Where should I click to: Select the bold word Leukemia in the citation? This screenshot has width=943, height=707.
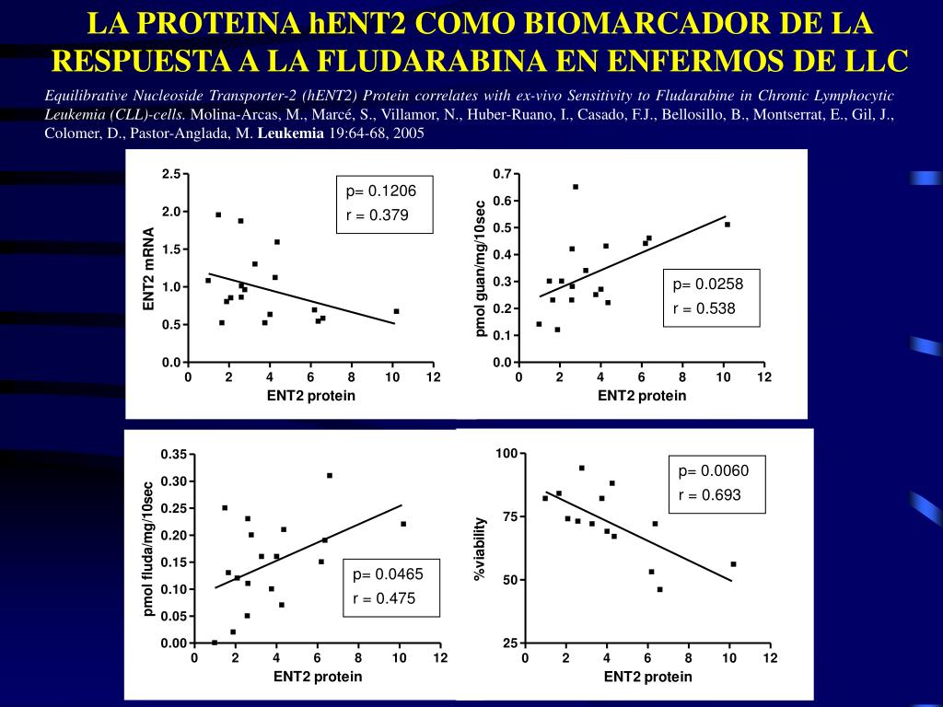point(291,133)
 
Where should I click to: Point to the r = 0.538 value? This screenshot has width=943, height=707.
point(704,308)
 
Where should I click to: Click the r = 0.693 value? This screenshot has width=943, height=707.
point(709,495)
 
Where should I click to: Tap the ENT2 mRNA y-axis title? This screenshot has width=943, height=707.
point(148,268)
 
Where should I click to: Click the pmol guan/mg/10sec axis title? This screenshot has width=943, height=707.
point(480,267)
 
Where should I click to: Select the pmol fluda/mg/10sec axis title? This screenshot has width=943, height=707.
point(147,549)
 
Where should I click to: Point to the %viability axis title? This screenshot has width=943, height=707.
point(479,549)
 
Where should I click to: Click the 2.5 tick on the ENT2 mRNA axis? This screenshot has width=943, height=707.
point(170,174)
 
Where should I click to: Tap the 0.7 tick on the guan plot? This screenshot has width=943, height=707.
point(501,174)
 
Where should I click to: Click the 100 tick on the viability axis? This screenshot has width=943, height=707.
point(506,453)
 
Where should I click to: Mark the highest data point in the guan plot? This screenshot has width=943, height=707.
point(576,187)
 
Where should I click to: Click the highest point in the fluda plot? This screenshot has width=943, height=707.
point(330,475)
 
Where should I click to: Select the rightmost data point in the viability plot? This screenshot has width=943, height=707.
point(733,564)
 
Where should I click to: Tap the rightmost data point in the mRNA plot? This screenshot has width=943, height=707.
point(396,311)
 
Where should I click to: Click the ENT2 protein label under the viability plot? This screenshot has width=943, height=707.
point(647,677)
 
